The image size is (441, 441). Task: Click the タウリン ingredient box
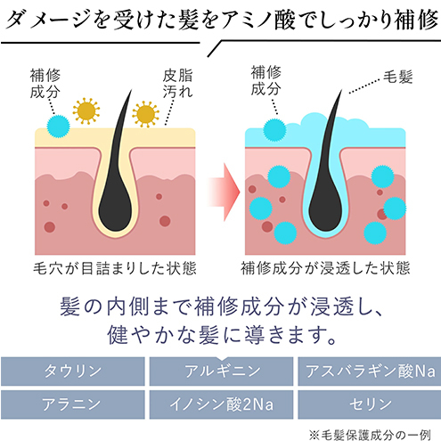pos(73,372)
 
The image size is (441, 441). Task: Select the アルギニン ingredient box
pos(221,372)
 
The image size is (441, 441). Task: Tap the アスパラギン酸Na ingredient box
pos(370,372)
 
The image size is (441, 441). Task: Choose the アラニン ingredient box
pos(73,404)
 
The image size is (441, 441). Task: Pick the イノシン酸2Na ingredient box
pos(221,404)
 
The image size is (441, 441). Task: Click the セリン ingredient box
pos(370,404)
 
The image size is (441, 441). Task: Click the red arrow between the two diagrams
pos(224,192)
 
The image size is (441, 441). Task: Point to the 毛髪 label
pos(397,77)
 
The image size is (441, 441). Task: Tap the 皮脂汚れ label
pos(177,84)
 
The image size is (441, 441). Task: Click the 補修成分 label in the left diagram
pos(45,84)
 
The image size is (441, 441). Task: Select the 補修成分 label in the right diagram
pos(265,80)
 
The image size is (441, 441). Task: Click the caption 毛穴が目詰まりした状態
pos(115,268)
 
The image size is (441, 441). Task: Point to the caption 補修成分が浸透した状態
pos(325,268)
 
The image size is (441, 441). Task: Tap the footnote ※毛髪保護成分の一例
pos(370,435)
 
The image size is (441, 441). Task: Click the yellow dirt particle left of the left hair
pos(86,111)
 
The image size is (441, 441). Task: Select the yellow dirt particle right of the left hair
pos(145,114)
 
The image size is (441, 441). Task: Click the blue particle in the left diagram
pos(58,127)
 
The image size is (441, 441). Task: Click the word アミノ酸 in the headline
pos(258,20)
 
